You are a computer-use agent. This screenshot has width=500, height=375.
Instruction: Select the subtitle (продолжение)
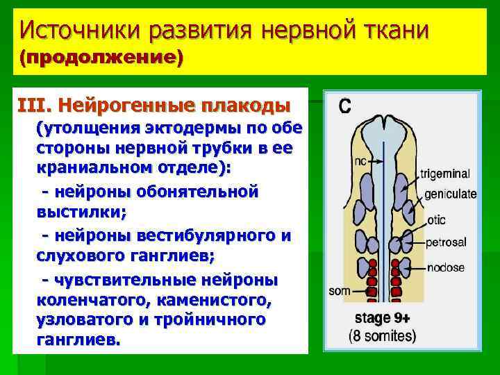101,58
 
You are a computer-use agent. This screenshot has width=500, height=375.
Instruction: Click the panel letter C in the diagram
344,106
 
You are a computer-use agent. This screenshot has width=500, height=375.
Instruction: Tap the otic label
436,220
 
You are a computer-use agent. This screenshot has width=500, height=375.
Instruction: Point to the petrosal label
445,242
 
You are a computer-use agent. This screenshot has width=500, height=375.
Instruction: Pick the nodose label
445,267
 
